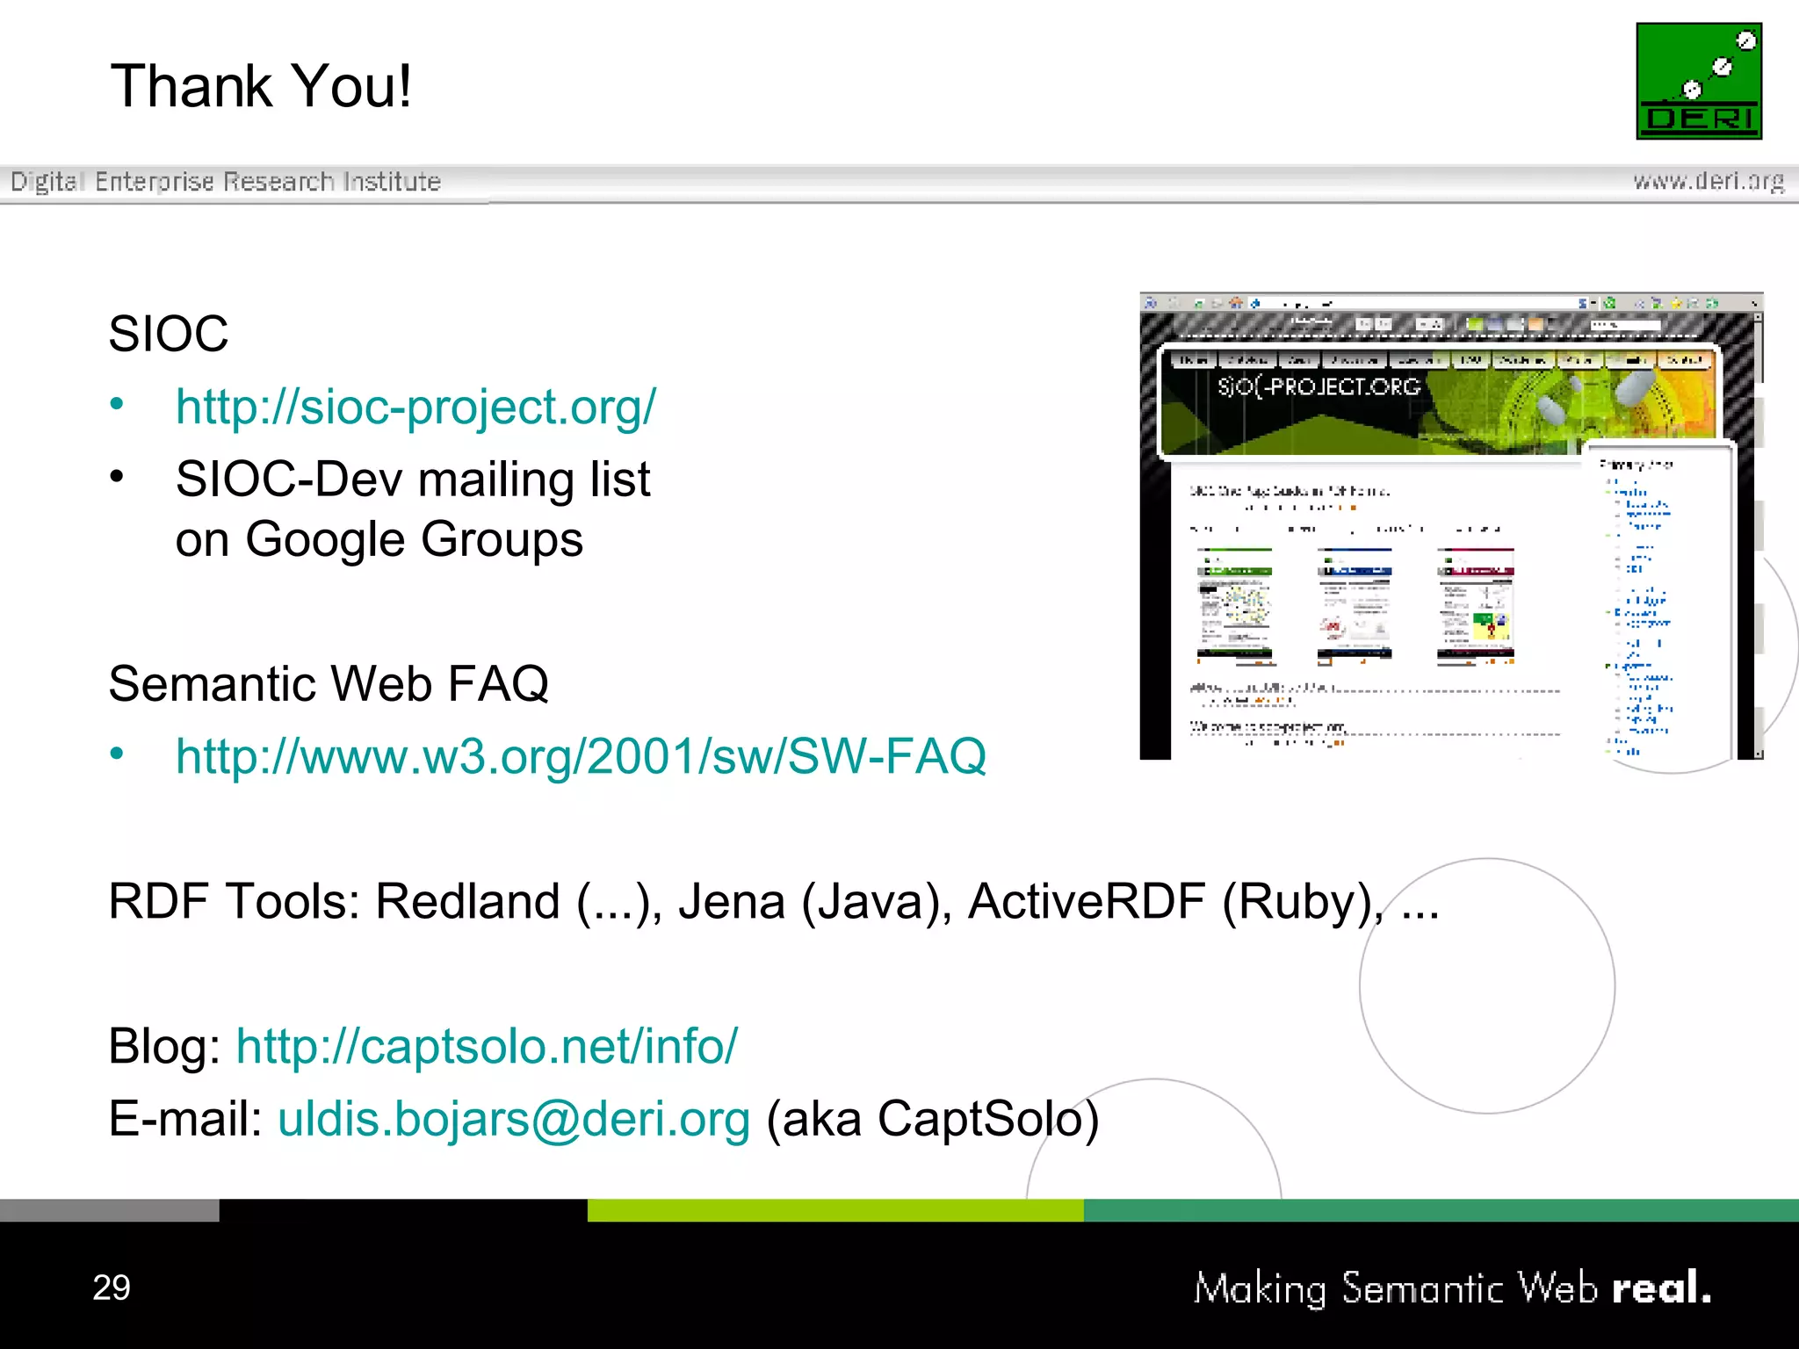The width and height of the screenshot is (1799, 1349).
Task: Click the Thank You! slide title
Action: [261, 86]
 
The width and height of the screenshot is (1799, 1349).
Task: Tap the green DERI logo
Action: [1698, 81]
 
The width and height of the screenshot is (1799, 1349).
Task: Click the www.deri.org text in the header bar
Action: [1708, 181]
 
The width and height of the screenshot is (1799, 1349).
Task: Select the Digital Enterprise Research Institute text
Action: [226, 182]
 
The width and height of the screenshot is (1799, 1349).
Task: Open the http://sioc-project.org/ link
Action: [415, 408]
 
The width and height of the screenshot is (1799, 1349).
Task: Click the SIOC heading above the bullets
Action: [168, 334]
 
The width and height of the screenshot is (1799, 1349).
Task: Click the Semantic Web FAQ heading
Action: [329, 683]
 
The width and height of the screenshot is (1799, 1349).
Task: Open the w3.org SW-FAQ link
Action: [581, 756]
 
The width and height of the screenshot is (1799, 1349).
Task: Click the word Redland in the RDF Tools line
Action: [467, 901]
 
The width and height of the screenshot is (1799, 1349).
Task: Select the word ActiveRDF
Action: [1087, 901]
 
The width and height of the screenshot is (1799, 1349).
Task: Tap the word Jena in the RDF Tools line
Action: [731, 901]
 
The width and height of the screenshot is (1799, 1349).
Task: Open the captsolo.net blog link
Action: [487, 1046]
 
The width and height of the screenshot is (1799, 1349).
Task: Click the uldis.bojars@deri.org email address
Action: [514, 1119]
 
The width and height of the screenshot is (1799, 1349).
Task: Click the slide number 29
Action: [112, 1288]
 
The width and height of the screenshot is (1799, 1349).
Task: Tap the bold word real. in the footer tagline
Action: [1661, 1288]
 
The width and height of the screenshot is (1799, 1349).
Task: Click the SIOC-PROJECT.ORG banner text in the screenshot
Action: [1319, 386]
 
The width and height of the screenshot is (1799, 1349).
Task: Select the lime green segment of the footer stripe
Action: [834, 1210]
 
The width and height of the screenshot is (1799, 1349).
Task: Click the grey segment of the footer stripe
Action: [109, 1210]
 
